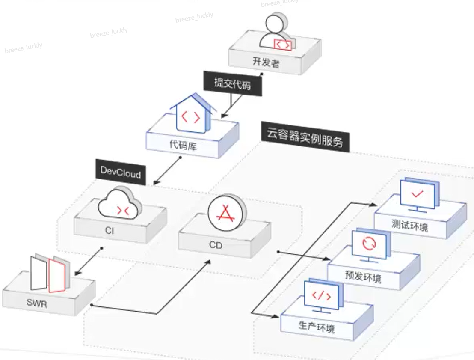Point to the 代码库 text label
(x=182, y=145)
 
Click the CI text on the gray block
(x=110, y=231)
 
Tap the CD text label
(x=216, y=246)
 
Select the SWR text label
(x=36, y=304)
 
